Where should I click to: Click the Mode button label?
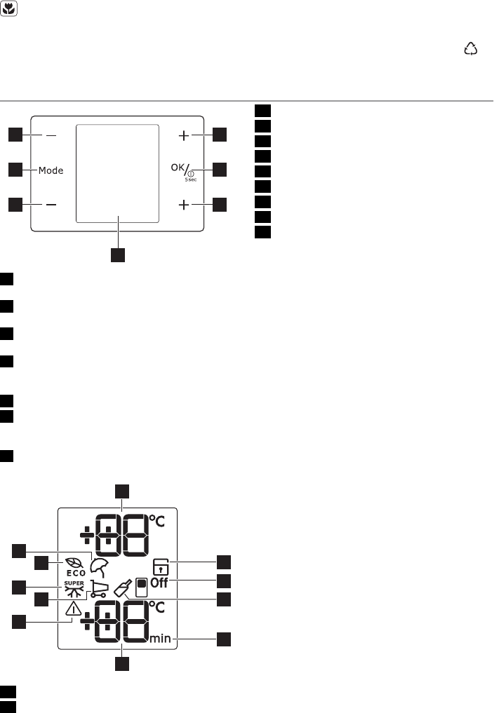51,170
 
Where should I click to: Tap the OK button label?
177,168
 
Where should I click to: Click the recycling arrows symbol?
470,48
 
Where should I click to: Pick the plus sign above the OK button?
184,135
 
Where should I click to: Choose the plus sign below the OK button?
184,205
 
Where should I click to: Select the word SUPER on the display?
74,583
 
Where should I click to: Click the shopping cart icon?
100,590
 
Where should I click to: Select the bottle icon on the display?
124,586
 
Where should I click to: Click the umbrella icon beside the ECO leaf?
99,567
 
